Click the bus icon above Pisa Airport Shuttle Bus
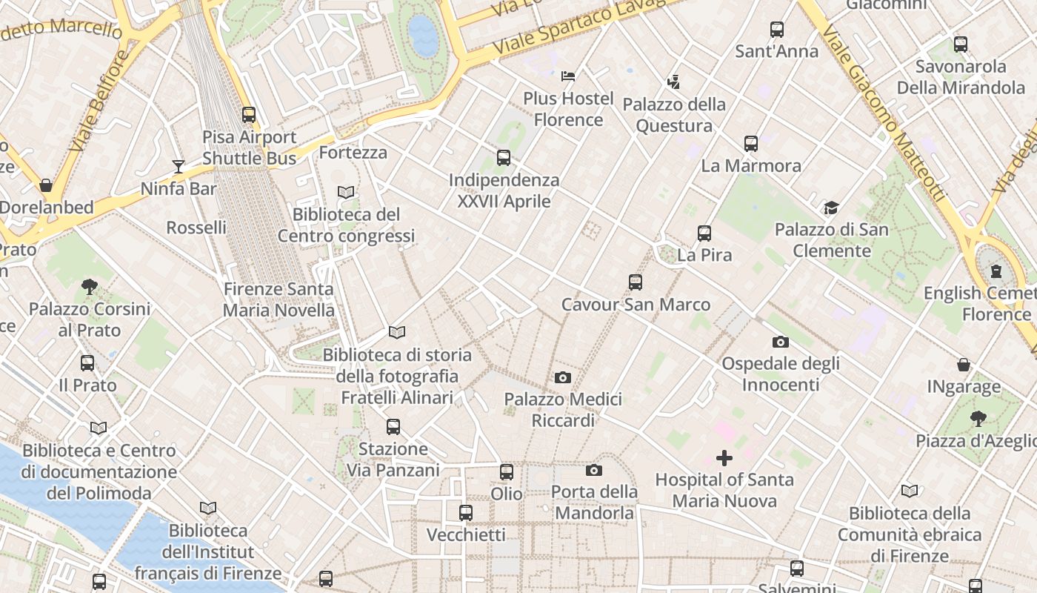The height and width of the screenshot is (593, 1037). click(x=249, y=115)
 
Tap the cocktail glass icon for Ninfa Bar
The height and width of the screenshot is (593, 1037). click(x=178, y=166)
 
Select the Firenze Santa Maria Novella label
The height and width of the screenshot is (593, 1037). click(x=279, y=299)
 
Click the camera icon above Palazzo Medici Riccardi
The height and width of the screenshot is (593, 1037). click(x=562, y=377)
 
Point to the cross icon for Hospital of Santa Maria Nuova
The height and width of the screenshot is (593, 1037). click(x=724, y=458)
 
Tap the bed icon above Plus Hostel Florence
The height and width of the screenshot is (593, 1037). click(x=568, y=76)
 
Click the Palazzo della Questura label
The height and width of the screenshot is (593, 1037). click(x=674, y=115)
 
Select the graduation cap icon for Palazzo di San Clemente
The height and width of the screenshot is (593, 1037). click(x=831, y=208)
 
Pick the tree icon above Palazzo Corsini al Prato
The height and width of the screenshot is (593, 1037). click(x=89, y=286)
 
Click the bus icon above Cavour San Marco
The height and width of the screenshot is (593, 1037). click(x=635, y=282)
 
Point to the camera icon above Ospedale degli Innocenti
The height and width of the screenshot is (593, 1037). click(x=780, y=342)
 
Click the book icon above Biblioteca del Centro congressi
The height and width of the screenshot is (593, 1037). click(x=346, y=192)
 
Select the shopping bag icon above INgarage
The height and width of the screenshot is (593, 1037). click(x=964, y=365)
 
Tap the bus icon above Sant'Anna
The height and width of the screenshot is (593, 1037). click(x=776, y=30)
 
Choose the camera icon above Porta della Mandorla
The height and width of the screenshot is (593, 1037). click(x=593, y=470)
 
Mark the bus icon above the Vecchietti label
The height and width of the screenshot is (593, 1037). click(x=466, y=513)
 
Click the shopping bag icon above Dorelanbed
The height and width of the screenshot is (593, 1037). click(x=46, y=185)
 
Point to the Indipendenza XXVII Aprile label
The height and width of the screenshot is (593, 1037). click(x=504, y=191)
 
